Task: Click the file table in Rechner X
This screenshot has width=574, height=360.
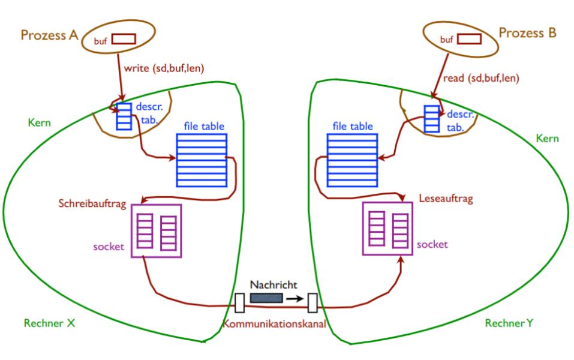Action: pyautogui.click(x=202, y=160)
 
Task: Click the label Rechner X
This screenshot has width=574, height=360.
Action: pyautogui.click(x=49, y=324)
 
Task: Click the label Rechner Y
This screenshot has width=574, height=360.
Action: pyautogui.click(x=509, y=324)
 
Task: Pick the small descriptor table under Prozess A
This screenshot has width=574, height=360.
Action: pyautogui.click(x=123, y=116)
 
